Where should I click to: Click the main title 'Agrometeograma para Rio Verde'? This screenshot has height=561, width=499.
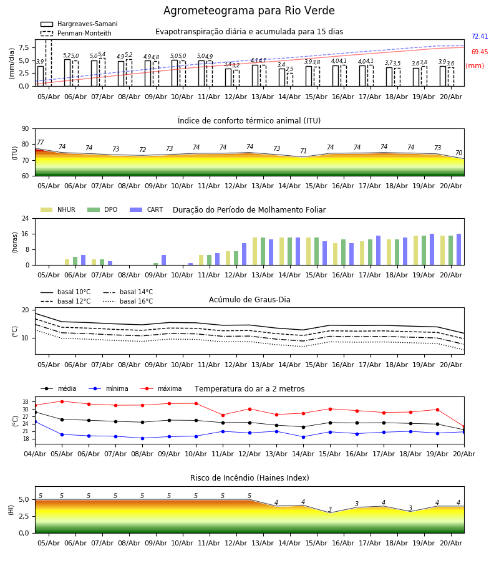click(x=249, y=11)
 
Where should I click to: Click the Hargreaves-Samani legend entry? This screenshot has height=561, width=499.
click(x=79, y=24)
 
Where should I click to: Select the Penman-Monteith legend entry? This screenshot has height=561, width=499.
click(x=76, y=33)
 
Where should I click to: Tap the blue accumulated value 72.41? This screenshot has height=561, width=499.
click(x=480, y=37)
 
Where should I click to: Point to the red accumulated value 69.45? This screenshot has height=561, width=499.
click(x=480, y=52)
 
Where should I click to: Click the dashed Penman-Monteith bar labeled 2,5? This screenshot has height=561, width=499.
click(x=289, y=79)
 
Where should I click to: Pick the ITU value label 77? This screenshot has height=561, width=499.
click(x=41, y=142)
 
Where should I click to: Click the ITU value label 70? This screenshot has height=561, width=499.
click(x=458, y=153)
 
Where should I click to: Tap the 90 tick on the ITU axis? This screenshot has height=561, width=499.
click(x=26, y=129)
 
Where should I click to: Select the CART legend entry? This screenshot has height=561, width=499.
click(x=147, y=209)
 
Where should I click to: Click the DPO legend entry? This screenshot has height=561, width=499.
click(x=102, y=209)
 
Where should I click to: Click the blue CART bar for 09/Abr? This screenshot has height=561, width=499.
click(x=164, y=260)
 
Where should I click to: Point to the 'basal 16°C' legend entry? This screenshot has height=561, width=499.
click(x=128, y=301)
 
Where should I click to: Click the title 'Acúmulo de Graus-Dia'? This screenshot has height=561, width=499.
click(x=249, y=300)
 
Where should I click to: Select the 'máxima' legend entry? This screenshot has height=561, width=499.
click(x=161, y=388)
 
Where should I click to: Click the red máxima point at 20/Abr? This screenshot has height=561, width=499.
click(x=464, y=427)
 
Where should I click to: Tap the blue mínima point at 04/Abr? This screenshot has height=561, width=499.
click(x=36, y=422)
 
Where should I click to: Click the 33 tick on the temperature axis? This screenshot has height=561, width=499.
click(x=26, y=402)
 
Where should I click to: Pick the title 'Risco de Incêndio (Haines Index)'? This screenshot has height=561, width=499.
click(x=249, y=478)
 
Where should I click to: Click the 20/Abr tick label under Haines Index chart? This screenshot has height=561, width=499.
click(x=451, y=543)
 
